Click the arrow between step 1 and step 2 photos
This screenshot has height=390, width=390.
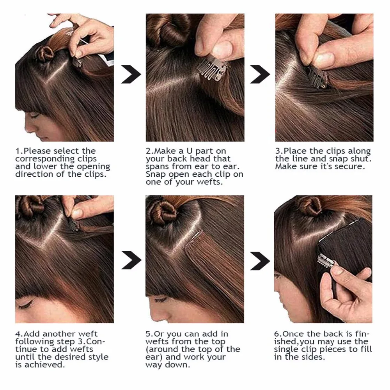point(131,74)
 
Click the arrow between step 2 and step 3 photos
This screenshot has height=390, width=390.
point(260,74)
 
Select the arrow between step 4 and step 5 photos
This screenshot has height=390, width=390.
point(131,260)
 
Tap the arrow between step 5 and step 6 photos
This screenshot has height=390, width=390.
point(260,261)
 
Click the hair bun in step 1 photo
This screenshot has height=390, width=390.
point(45,53)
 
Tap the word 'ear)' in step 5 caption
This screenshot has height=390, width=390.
point(154,357)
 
